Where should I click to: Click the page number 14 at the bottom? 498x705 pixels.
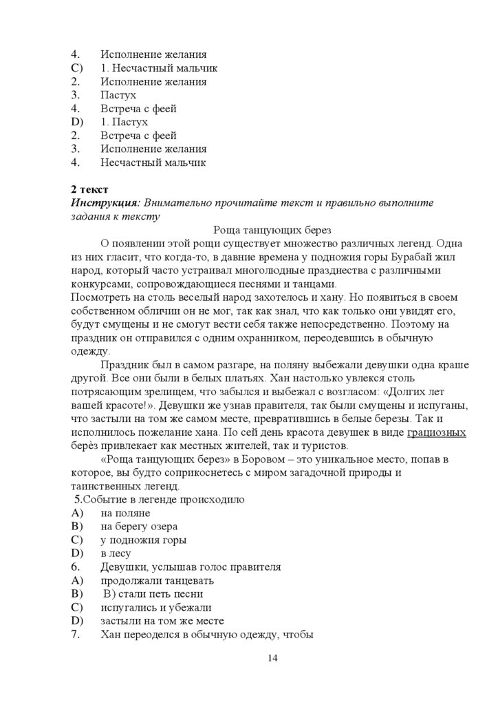click(272, 659)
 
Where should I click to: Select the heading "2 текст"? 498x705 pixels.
click(90, 189)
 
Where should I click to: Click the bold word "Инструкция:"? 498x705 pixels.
click(106, 202)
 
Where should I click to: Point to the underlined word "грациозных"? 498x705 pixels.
click(437, 432)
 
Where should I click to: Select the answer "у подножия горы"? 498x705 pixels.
click(143, 540)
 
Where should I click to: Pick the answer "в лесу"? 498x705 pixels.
click(116, 553)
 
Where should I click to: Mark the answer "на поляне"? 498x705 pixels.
click(125, 513)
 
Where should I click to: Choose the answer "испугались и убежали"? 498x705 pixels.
click(156, 607)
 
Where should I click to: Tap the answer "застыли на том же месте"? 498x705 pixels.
click(162, 620)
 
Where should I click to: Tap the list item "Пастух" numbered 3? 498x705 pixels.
click(118, 95)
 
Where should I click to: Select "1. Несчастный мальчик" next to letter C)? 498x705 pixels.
click(159, 68)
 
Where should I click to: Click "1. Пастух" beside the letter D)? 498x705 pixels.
click(124, 122)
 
